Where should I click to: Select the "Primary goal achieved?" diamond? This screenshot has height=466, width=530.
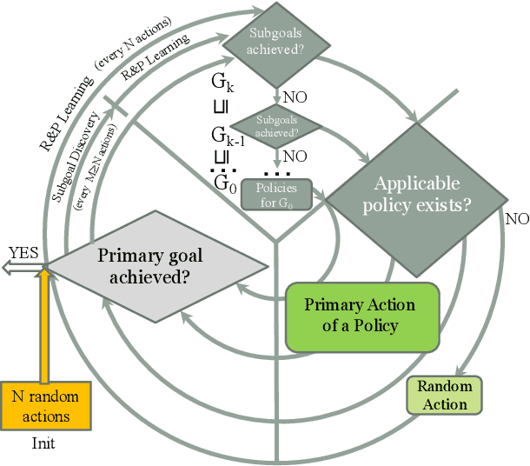149,265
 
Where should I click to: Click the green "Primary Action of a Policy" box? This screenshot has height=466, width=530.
359,316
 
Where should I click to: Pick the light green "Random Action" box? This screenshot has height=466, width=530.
445,396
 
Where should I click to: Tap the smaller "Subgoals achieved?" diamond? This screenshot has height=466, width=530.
275,128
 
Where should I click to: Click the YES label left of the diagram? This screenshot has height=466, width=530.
23,252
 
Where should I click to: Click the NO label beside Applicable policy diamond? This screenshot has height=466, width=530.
517,218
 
